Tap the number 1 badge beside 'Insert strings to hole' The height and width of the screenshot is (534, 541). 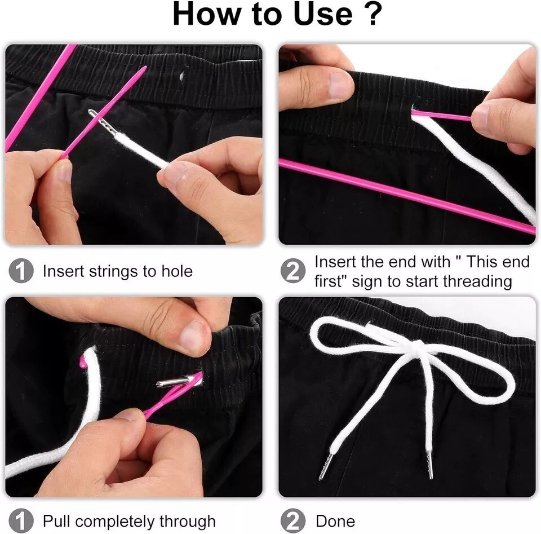pos(21,271)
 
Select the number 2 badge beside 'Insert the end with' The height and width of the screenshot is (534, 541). pos(293,271)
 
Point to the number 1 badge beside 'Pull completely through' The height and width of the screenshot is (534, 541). pos(21,521)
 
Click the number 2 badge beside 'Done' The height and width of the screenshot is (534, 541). pos(293,521)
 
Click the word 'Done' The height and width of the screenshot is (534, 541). pos(335,521)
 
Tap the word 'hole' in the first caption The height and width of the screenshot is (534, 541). pos(177,271)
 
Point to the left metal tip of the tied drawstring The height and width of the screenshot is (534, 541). pos(326,466)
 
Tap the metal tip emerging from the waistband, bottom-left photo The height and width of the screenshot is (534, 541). pos(172,382)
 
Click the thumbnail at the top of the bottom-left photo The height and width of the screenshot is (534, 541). pos(194,338)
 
